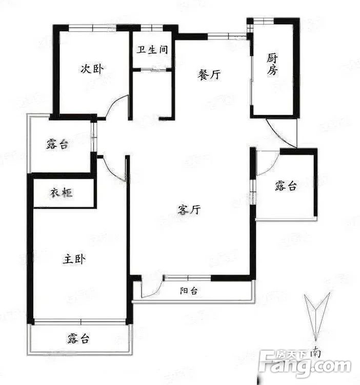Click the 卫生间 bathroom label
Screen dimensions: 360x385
(152, 49)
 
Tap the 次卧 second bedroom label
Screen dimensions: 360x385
(92, 68)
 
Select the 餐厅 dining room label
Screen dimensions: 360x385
(209, 74)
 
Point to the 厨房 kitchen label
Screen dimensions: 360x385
(272, 64)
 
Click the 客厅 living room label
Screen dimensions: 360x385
(189, 210)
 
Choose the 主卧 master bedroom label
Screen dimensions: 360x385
(74, 259)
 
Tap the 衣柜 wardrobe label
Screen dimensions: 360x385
(62, 192)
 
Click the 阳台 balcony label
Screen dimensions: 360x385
(189, 291)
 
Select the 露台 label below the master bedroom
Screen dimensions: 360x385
(78, 338)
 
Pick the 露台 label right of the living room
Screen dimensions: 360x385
(286, 186)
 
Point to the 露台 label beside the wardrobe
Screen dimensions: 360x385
(58, 144)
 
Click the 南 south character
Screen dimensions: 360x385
(315, 353)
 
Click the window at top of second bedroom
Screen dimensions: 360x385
(92, 28)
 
